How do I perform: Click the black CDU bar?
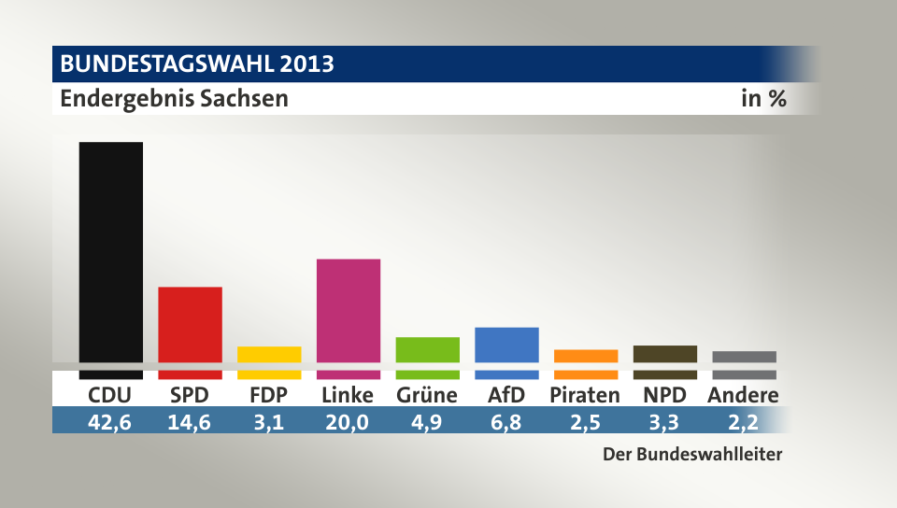pos(110,252)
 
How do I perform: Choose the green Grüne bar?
pos(427,349)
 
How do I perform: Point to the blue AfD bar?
pos(506,345)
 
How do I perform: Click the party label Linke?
pos(348,395)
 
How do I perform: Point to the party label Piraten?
pos(585,395)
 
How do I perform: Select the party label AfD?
pos(506,395)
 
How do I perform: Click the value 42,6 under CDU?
pos(110,422)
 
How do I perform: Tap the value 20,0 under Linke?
pos(348,422)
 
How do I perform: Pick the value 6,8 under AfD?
pos(506,422)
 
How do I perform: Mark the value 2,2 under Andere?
pos(744,422)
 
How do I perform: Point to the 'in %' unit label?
pos(763,98)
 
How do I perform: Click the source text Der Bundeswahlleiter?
pos(691,456)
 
